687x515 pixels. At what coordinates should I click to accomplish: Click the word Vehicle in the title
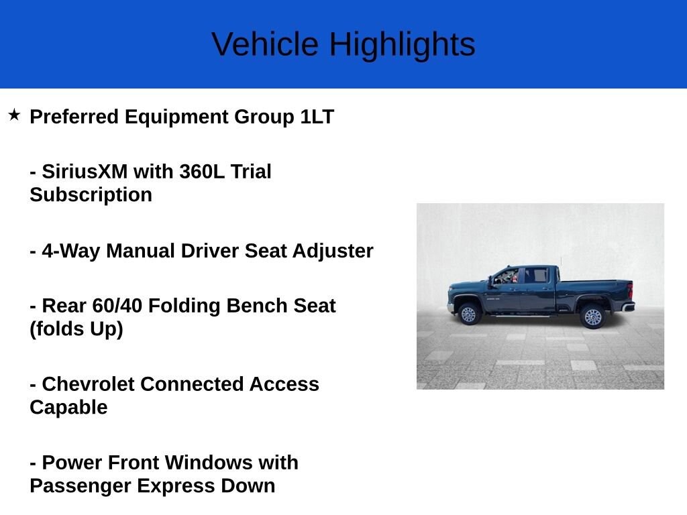pyautogui.click(x=264, y=44)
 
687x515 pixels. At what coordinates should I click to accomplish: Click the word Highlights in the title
pyautogui.click(x=403, y=45)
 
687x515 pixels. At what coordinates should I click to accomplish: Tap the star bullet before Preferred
pyautogui.click(x=15, y=115)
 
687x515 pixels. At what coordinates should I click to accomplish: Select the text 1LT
pyautogui.click(x=317, y=117)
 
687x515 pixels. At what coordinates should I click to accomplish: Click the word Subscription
pyautogui.click(x=91, y=194)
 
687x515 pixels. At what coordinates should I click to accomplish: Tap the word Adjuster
pyautogui.click(x=333, y=251)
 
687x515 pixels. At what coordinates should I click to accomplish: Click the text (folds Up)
pyautogui.click(x=76, y=329)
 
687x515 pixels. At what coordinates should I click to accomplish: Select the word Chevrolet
pyautogui.click(x=88, y=384)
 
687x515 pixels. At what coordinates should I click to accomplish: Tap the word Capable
pyautogui.click(x=69, y=408)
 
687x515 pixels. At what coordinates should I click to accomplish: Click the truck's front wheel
pyautogui.click(x=468, y=314)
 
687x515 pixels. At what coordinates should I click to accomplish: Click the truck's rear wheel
pyautogui.click(x=593, y=317)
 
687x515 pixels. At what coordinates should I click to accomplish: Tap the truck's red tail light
pyautogui.click(x=630, y=290)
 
